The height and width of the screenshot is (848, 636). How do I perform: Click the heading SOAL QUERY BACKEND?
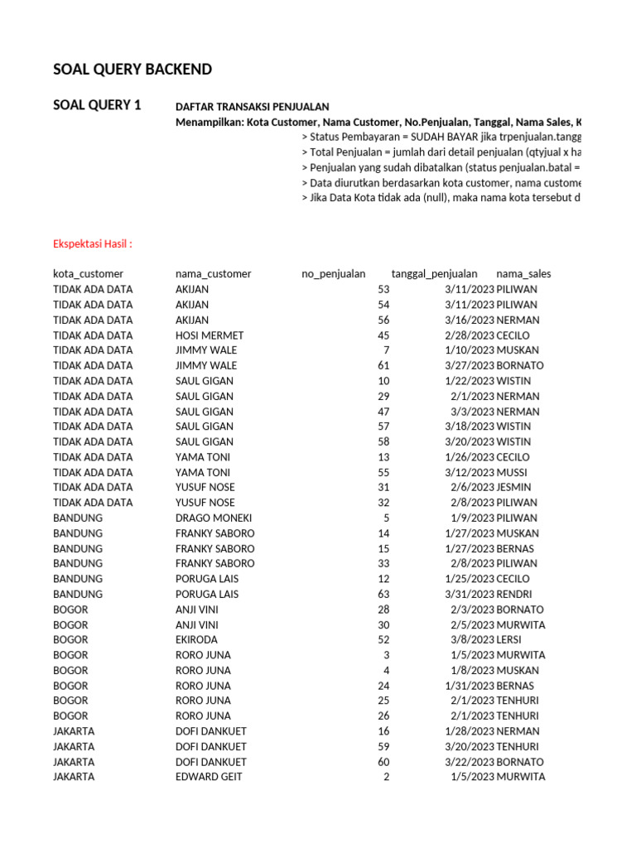pyautogui.click(x=132, y=70)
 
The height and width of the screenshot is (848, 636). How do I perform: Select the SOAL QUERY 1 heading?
pyautogui.click(x=97, y=105)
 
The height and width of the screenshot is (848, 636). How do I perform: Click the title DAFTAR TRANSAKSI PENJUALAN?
pyautogui.click(x=252, y=107)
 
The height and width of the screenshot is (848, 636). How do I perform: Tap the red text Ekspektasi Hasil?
pyautogui.click(x=93, y=243)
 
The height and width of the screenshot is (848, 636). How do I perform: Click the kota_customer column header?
pyautogui.click(x=88, y=274)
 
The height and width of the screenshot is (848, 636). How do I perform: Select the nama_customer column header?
pyautogui.click(x=213, y=274)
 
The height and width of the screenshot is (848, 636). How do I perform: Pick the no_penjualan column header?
pyautogui.click(x=333, y=274)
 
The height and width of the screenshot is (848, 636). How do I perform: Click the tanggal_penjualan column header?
pyautogui.click(x=434, y=274)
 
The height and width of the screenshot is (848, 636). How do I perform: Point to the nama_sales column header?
pyautogui.click(x=523, y=274)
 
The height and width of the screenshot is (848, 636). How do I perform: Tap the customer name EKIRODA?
pyautogui.click(x=197, y=639)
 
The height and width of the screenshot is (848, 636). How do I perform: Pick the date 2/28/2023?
pyautogui.click(x=469, y=335)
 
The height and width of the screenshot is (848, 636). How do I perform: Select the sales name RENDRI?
pyautogui.click(x=515, y=594)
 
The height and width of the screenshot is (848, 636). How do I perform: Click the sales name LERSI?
pyautogui.click(x=510, y=639)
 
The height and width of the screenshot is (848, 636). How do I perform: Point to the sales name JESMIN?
pyautogui.click(x=513, y=488)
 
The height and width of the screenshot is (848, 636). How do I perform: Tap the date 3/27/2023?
pyautogui.click(x=469, y=366)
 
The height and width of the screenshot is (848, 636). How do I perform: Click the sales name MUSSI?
pyautogui.click(x=512, y=472)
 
